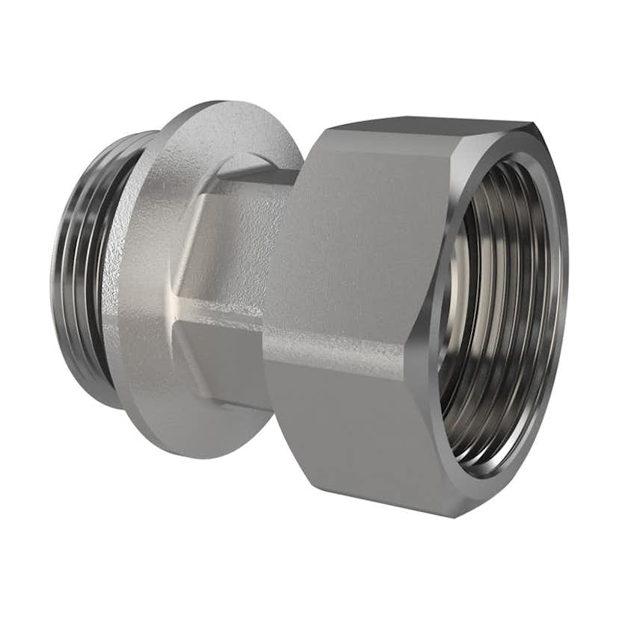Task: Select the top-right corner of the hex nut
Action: coord(532,125)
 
